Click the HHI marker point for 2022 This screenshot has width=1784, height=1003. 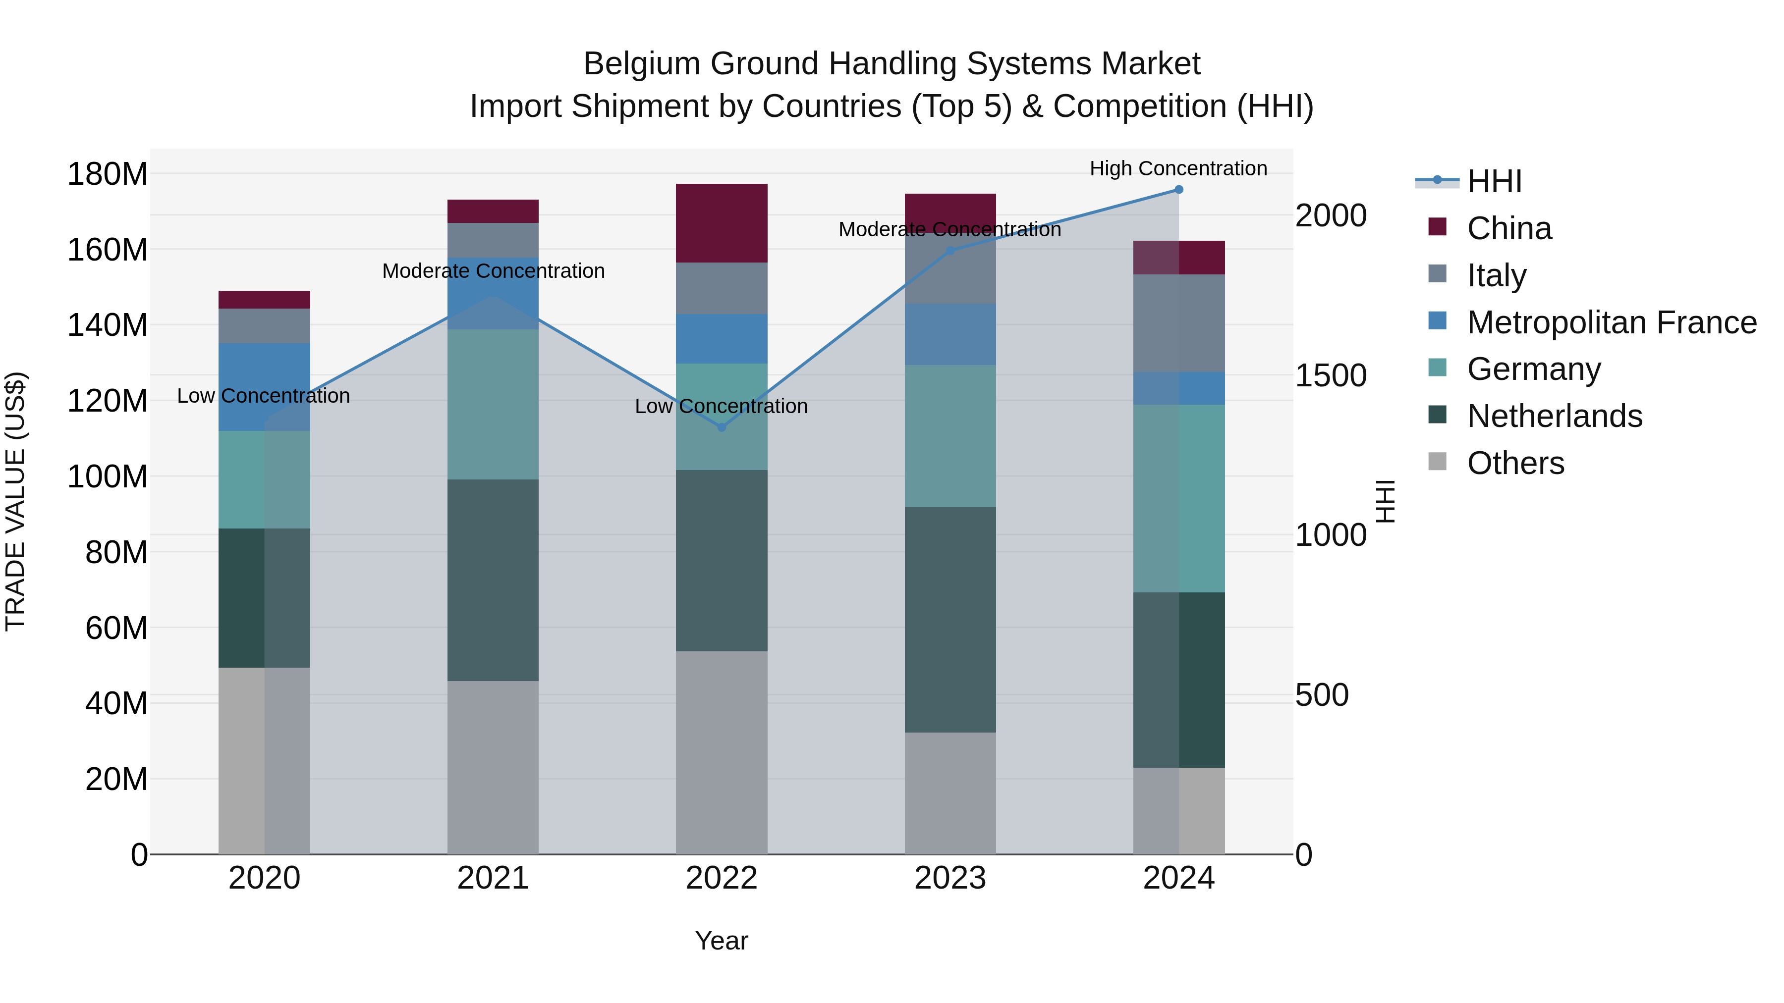[721, 427]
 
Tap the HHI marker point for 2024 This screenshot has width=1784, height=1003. [1179, 190]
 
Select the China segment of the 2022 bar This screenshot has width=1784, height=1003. [721, 223]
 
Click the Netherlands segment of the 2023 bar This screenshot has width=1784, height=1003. [950, 620]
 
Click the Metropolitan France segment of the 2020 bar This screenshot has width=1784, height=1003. [264, 387]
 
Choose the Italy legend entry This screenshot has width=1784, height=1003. [1496, 275]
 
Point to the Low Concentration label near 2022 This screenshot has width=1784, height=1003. [721, 406]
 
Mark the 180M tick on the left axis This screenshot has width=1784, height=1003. [108, 174]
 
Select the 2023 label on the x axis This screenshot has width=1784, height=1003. [950, 878]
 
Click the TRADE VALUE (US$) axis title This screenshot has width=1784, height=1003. [15, 501]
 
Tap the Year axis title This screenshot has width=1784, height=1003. [721, 941]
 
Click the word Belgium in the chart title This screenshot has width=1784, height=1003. [641, 64]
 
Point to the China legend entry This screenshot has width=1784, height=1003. [1508, 228]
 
